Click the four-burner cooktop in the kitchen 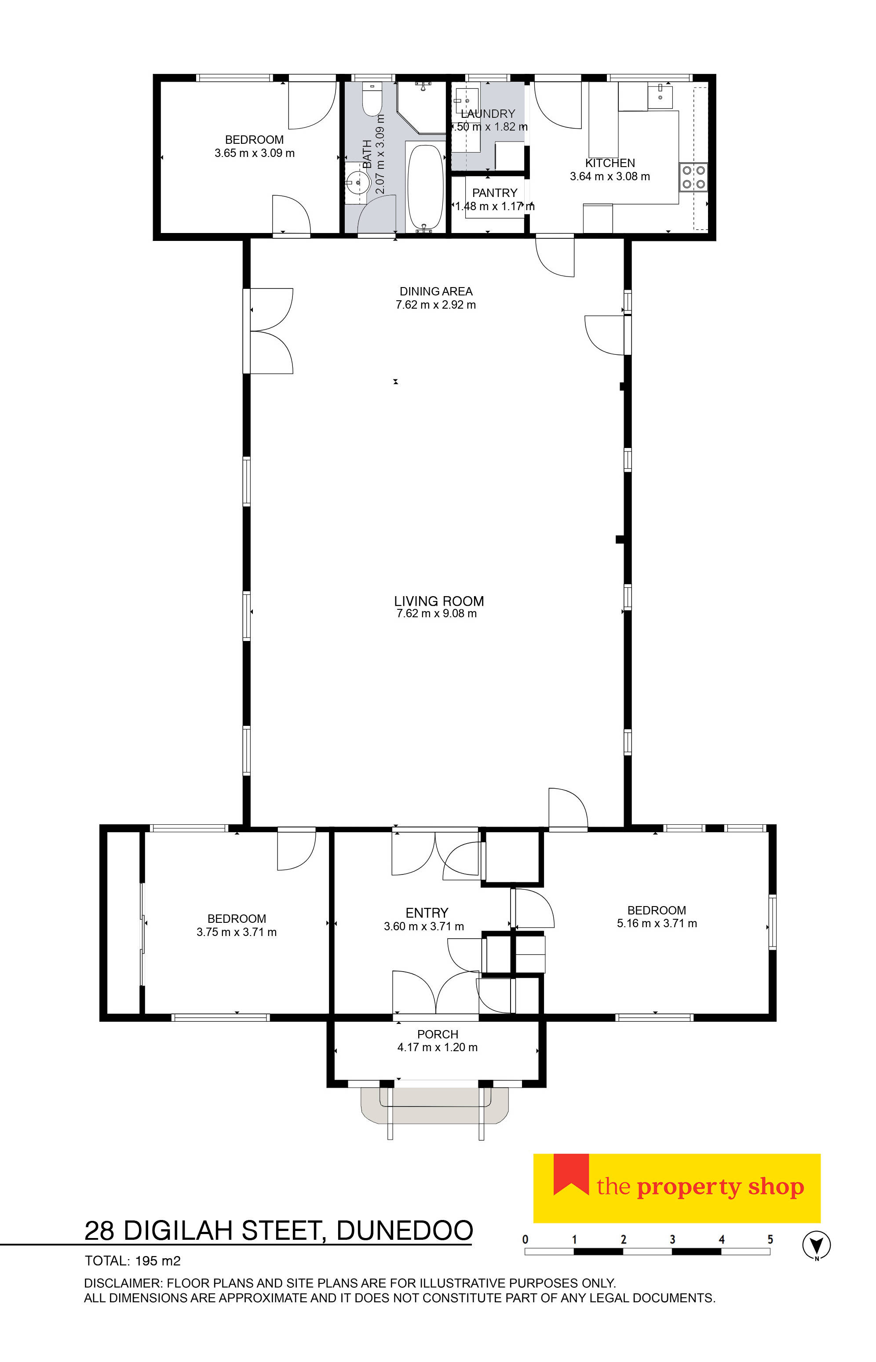693,177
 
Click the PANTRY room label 494,193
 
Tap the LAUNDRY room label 488,114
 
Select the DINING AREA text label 436,291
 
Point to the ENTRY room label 427,913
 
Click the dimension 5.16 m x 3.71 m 657,924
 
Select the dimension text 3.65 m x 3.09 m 254,153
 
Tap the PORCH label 438,1034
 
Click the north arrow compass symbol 816,1245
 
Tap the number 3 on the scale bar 672,1240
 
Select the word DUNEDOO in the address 405,1231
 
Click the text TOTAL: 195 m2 132,1261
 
